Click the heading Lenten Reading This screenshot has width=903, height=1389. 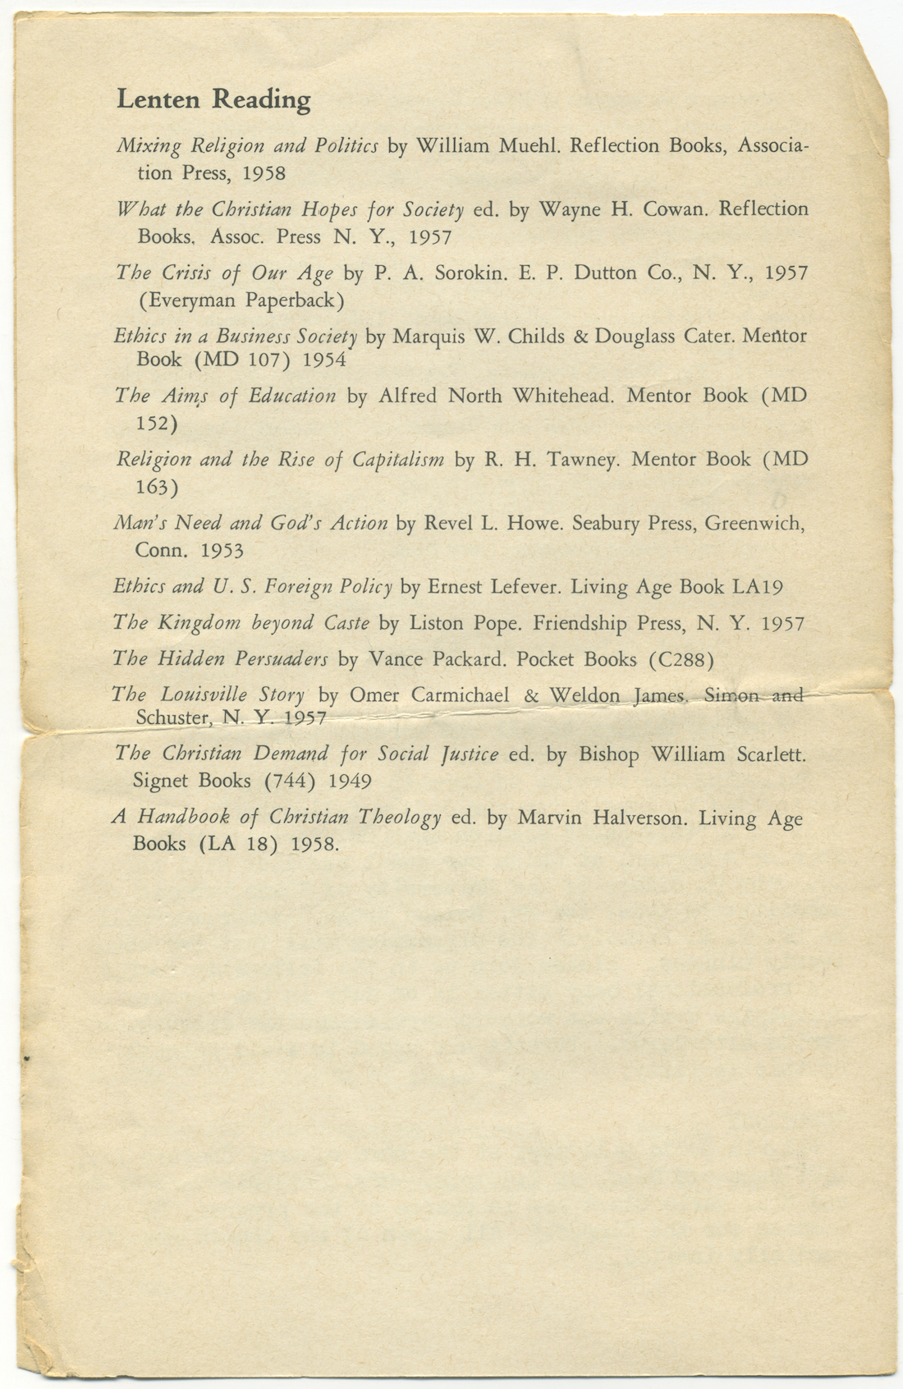(x=213, y=99)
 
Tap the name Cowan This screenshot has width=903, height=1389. (x=674, y=209)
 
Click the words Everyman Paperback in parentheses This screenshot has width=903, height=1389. (x=241, y=300)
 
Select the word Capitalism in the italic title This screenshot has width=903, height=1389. (x=398, y=459)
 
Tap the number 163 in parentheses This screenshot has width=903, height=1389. (x=156, y=488)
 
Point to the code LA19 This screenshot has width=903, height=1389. (x=757, y=587)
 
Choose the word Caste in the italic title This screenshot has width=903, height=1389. (x=346, y=623)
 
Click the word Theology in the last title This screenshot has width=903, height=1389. (x=401, y=818)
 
